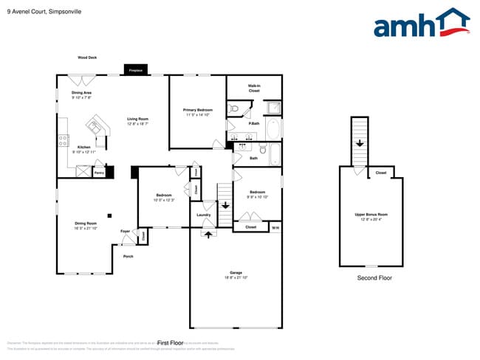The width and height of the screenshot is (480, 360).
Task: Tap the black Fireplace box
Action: [x=135, y=71]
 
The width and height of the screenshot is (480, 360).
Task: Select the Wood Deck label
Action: [x=87, y=58]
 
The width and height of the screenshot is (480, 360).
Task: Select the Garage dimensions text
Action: [x=236, y=277]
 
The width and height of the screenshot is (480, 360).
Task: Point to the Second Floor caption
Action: [x=374, y=278]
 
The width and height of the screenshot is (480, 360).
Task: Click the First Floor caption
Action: [x=171, y=343]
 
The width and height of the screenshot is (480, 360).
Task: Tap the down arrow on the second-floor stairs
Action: [x=359, y=144]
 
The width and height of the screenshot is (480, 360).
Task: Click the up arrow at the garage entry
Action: [x=208, y=235]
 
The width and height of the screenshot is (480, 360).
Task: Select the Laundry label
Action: [x=204, y=215]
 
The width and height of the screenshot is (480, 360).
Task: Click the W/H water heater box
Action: [x=275, y=227]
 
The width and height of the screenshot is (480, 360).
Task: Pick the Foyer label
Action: [x=125, y=231]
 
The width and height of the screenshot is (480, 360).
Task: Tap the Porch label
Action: [x=128, y=256]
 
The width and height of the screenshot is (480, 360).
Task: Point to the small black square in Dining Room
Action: [x=109, y=215]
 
